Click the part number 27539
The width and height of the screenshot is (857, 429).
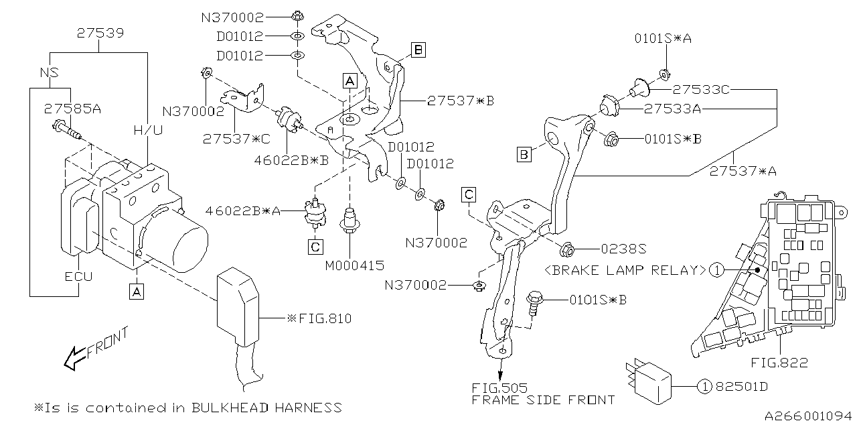99,32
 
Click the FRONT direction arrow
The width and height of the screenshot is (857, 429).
94,349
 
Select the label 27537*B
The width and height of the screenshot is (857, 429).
460,101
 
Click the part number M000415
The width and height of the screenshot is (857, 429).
354,265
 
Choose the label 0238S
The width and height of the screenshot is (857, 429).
623,249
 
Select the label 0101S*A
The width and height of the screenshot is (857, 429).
663,39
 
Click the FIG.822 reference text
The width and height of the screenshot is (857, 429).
779,363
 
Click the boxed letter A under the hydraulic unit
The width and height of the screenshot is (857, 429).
136,292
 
